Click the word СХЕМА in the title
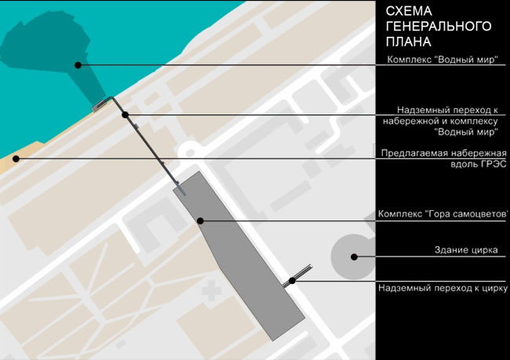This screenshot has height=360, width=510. coord(409,11)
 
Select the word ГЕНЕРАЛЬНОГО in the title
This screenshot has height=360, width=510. coord(439,27)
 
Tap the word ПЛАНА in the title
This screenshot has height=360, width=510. coord(409,42)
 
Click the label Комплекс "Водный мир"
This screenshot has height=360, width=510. coord(443,60)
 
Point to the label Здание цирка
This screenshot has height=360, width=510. coord(466,249)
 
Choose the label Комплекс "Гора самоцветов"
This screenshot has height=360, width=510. coord(443,213)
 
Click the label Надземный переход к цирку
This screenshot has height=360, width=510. coord(443,288)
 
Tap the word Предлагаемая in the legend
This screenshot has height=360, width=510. coord(408,153)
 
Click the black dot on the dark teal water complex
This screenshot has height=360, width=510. coord(78,65)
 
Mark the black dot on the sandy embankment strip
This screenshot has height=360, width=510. coord(16,158)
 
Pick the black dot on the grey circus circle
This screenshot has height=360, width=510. coord(354,257)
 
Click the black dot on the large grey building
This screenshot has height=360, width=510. coord(200,221)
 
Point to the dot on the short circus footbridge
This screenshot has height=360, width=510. coord(292,280)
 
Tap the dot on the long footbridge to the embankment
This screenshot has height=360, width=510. coord(126,115)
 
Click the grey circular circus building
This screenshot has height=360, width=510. coord(353,257)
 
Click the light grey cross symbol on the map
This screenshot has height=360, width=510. coord(211,290)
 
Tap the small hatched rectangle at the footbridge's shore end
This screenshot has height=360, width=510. coord(99,105)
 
